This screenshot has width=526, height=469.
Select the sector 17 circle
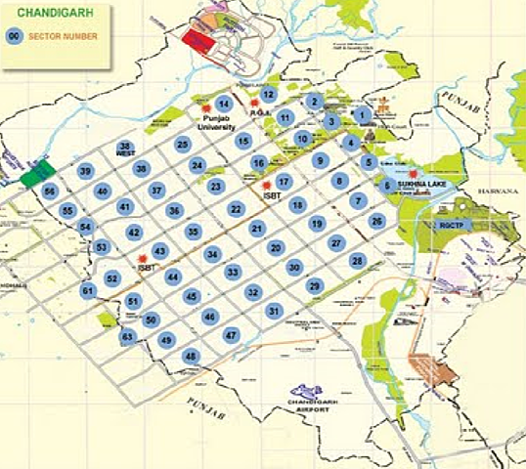pyautogui.click(x=284, y=181)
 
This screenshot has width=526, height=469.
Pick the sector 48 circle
pyautogui.click(x=191, y=357)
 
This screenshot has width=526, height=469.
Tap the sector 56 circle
pyautogui.click(x=50, y=192)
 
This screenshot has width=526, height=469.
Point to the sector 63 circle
pyautogui.click(x=127, y=337)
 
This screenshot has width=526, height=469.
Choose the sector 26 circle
pyautogui.click(x=376, y=221)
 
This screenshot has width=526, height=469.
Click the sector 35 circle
pyautogui.click(x=194, y=232)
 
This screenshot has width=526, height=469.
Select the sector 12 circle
pyautogui.click(x=269, y=94)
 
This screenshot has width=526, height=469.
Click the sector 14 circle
pyautogui.click(x=224, y=105)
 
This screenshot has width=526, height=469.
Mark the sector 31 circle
pyautogui.click(x=274, y=311)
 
